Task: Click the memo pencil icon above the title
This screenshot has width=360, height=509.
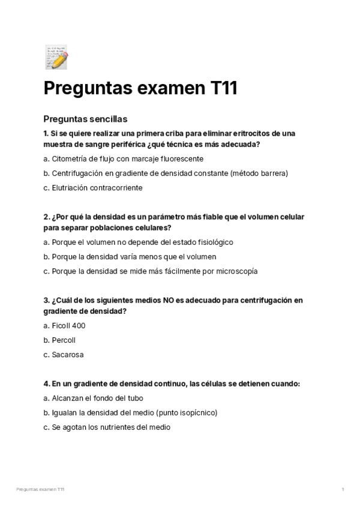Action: tap(56, 56)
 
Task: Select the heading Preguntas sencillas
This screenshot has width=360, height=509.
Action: tap(85, 119)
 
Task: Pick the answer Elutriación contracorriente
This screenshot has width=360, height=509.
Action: tap(93, 188)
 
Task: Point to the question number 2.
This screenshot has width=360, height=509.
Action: tap(46, 216)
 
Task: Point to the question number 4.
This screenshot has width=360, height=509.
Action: tap(46, 384)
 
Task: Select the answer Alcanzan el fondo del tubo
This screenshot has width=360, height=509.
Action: tap(93, 398)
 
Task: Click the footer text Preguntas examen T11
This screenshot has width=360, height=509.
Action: tap(40, 490)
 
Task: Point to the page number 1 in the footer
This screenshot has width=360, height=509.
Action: tap(343, 490)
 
